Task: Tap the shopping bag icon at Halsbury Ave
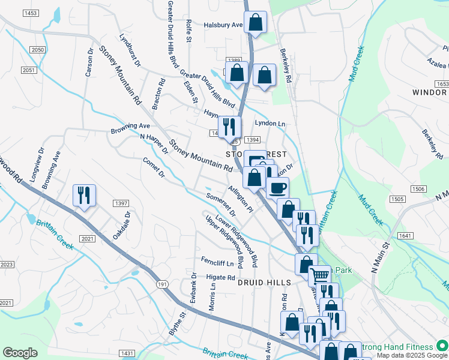pos(256,23)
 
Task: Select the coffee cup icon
pos(277,188)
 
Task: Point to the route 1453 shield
pos(31,13)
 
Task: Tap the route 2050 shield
pos(38,50)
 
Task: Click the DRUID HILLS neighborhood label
pos(264,282)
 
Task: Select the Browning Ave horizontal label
pos(130,127)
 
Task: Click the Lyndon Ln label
pos(270,123)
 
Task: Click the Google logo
pos(20,353)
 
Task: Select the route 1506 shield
pos(418,189)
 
